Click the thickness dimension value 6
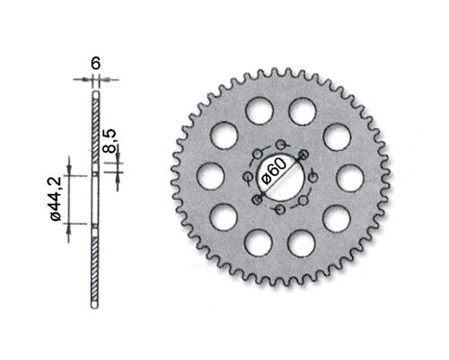click(95, 65)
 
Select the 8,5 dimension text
click(109, 141)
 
